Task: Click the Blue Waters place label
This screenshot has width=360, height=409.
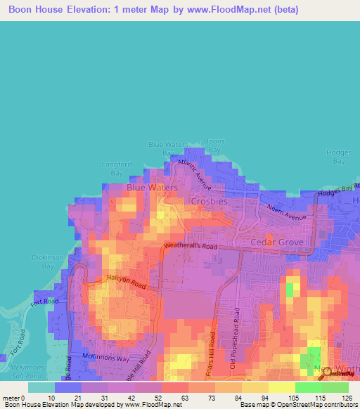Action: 152,188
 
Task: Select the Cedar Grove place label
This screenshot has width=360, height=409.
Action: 278,242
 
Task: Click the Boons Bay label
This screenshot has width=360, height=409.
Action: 214,145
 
